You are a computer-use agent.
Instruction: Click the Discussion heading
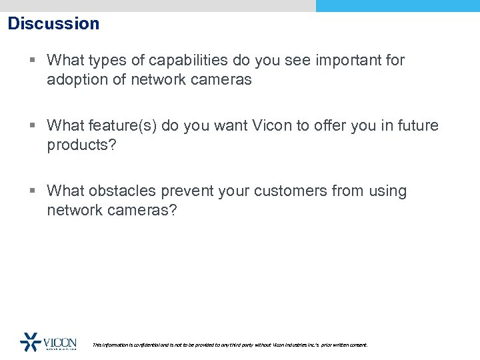[x=53, y=24]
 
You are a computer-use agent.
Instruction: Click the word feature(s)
[x=121, y=125]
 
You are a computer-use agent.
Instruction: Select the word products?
[x=81, y=145]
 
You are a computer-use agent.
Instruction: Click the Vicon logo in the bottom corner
[x=48, y=342]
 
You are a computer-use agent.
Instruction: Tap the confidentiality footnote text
[x=229, y=345]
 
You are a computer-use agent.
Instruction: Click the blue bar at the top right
[x=397, y=6]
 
